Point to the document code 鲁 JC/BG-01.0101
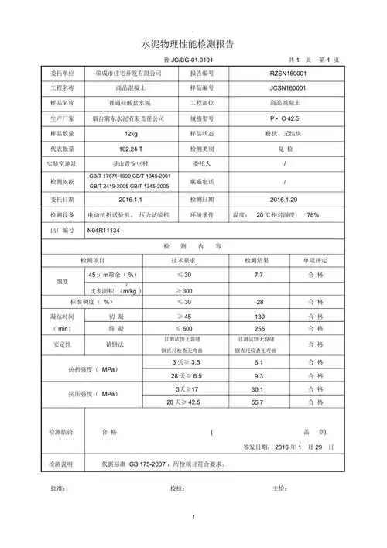tap(191, 60)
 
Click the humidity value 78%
tap(313, 214)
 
